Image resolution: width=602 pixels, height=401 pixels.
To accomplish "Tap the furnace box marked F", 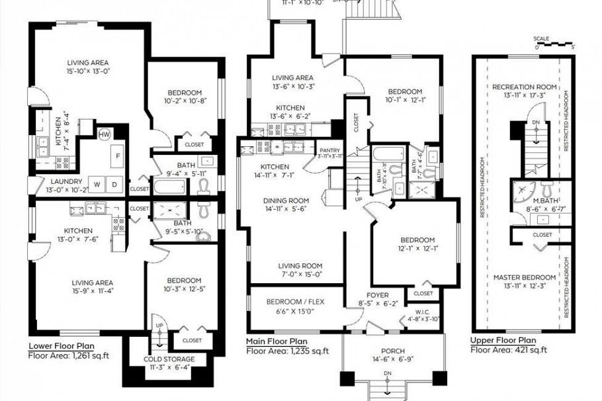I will tap(118, 157).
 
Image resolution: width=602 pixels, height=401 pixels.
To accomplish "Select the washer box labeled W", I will tap(96, 183).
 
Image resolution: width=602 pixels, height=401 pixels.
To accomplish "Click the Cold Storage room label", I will tap(171, 359).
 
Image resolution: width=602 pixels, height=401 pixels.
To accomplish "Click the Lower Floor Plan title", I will tap(61, 345).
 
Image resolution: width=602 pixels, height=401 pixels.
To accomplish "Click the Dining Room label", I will tap(286, 200).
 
